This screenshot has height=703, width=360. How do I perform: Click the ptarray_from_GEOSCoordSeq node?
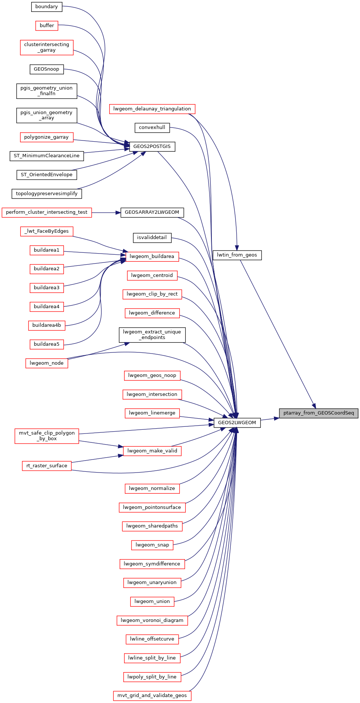319,413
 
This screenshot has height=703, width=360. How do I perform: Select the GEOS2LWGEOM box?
237,423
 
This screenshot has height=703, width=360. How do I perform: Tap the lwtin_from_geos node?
237,255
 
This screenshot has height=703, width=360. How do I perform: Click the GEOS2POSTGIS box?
152,146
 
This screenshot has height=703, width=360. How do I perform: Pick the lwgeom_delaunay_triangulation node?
152,109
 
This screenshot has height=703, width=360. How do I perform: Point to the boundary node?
46,7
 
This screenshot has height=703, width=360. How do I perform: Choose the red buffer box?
47,26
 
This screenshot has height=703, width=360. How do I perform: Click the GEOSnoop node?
46,69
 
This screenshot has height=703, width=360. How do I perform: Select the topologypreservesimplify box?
47,194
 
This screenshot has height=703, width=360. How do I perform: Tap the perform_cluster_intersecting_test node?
47,212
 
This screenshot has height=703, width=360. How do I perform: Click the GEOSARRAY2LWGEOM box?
152,212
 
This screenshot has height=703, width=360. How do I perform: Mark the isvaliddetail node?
152,238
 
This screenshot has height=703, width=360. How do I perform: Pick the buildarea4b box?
46,325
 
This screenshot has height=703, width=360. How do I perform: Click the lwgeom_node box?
47,363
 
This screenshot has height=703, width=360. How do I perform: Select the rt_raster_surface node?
47,466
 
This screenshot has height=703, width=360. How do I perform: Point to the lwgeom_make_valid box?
152,451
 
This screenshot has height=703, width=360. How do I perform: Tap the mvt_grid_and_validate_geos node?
152,696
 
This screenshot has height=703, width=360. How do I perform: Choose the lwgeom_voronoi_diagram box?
152,620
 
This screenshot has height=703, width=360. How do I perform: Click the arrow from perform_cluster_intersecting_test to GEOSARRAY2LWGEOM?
106,213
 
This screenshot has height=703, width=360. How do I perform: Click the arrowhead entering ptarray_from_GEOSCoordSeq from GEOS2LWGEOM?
277,418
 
